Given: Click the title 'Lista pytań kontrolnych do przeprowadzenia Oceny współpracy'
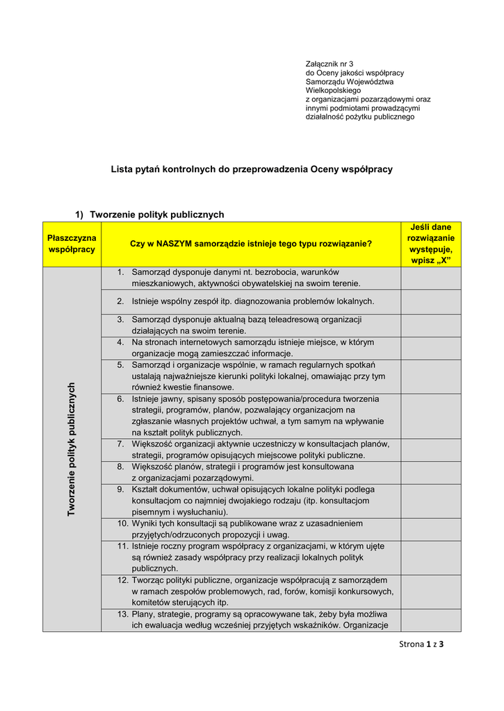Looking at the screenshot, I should [252, 169].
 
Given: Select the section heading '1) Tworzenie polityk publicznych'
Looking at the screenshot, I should [149, 215].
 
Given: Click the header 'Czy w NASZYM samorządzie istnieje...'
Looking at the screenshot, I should [251, 244].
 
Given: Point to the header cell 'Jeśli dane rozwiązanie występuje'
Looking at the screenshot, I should [431, 244].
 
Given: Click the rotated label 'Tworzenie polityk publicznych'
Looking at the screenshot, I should [72, 449].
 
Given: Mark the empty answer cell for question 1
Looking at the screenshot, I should [431, 278].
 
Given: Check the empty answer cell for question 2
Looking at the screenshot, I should [431, 301].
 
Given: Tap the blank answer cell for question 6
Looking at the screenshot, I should [431, 416].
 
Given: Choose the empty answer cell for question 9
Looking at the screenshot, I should [431, 501].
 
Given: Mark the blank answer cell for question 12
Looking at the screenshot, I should [431, 591].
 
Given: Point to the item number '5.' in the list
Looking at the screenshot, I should [120, 365].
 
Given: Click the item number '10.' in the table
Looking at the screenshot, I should [122, 523].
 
